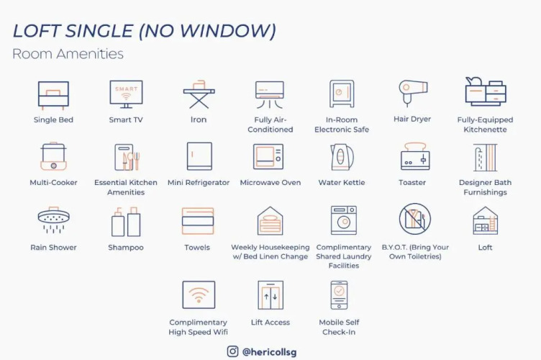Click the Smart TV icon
coord(126,94)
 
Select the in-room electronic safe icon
coord(342,94)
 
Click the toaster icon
coord(415,156)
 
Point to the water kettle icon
coord(342,157)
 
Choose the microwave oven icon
coord(268,157)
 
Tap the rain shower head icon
coord(53,220)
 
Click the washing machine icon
coord(344,220)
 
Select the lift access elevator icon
coord(270,295)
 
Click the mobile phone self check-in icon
coord(339,295)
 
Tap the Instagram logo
coord(232,351)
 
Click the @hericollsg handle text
coord(269,351)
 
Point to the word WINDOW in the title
coord(226,31)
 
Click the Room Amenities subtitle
coord(68,54)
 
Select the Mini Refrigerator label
coord(199,183)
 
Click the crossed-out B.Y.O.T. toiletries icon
coord(415,219)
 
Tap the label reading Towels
coord(197,248)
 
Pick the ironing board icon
coord(199,94)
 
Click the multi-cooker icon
coord(53,156)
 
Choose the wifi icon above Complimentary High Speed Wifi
coord(199,294)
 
